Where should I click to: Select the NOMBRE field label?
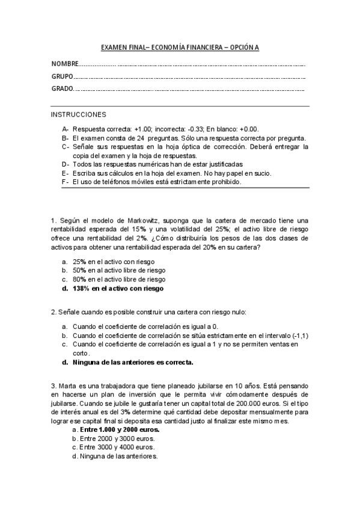[65, 64]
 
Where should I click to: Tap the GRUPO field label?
[63, 77]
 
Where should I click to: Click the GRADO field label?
[63, 90]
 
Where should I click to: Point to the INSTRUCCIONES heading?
[78, 114]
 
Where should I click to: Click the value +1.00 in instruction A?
[144, 129]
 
